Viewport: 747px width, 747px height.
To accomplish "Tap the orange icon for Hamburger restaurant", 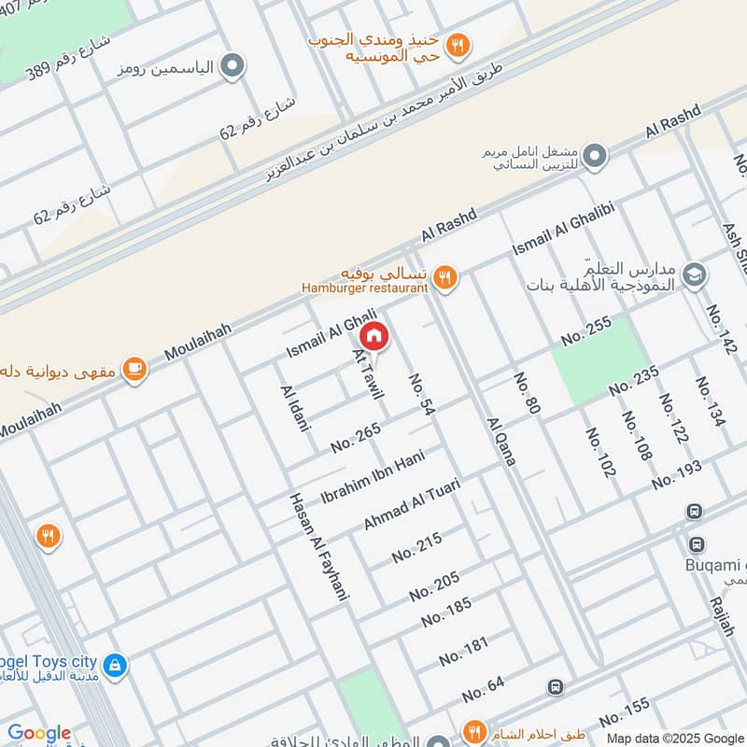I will (445, 276).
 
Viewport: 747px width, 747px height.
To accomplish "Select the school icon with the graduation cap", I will (694, 274).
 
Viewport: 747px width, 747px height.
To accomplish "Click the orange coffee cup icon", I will (135, 370).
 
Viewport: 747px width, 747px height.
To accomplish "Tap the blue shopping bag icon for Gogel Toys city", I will (114, 665).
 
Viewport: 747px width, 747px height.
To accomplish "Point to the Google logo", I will (39, 734).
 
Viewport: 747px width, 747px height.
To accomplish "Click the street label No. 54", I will (422, 394).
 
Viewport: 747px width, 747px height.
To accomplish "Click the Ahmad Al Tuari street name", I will (412, 504).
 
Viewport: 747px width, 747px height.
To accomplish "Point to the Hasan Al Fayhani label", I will (318, 545).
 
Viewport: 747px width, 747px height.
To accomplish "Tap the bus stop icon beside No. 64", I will (556, 687).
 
